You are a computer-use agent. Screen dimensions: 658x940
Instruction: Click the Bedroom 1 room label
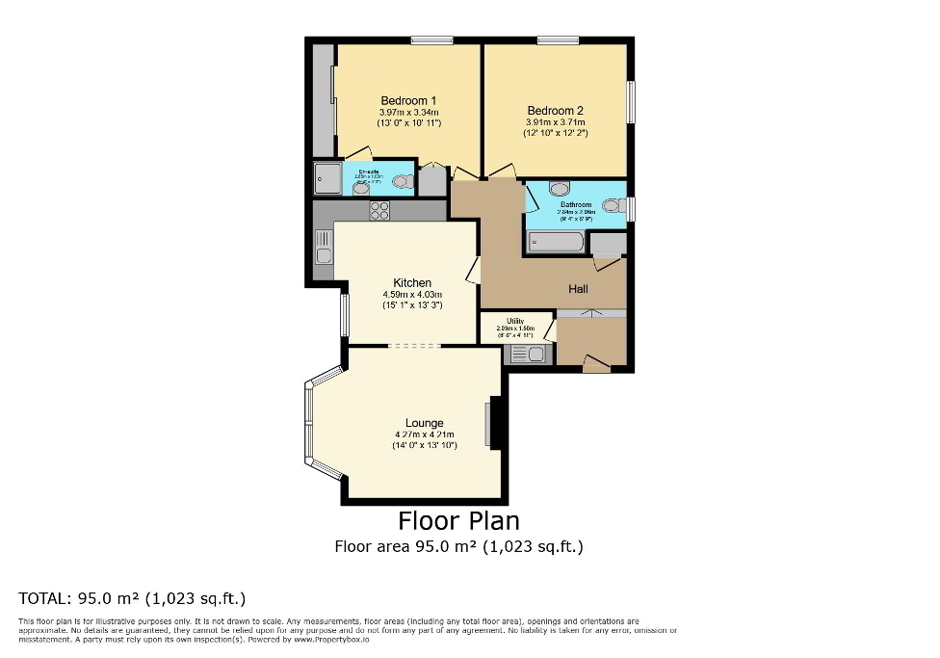click(408, 100)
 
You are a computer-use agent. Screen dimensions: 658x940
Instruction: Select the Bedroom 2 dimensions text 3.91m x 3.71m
click(555, 122)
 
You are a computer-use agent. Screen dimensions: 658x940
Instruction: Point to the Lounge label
click(424, 423)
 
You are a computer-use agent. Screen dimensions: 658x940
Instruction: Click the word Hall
click(578, 289)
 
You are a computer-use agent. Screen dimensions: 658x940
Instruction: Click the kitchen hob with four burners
click(379, 211)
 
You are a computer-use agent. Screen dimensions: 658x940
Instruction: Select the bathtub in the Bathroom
click(555, 242)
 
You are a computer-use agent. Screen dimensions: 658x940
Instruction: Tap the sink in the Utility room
click(528, 355)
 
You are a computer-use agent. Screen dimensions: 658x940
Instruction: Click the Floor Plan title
click(458, 521)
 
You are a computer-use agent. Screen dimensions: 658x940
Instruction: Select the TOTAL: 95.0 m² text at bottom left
click(133, 597)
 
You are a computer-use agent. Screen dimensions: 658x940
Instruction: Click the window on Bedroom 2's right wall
click(633, 101)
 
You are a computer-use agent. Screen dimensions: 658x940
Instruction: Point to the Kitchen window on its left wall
click(344, 313)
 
